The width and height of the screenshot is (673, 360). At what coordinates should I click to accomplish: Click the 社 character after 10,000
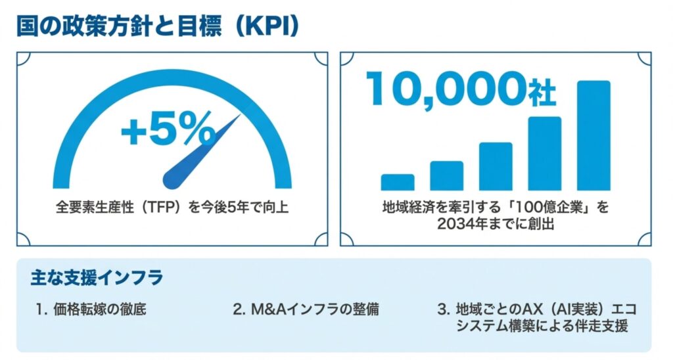(x=542, y=93)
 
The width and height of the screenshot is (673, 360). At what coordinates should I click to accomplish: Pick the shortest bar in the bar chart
(x=398, y=182)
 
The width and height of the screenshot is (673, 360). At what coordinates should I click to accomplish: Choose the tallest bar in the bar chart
(x=593, y=135)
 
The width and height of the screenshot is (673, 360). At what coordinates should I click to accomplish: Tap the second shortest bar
(x=447, y=175)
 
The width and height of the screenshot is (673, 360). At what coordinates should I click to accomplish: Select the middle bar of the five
(x=496, y=166)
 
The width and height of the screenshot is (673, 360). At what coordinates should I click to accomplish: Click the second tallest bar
(x=545, y=153)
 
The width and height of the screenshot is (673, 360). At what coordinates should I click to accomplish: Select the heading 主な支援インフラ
(x=96, y=277)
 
